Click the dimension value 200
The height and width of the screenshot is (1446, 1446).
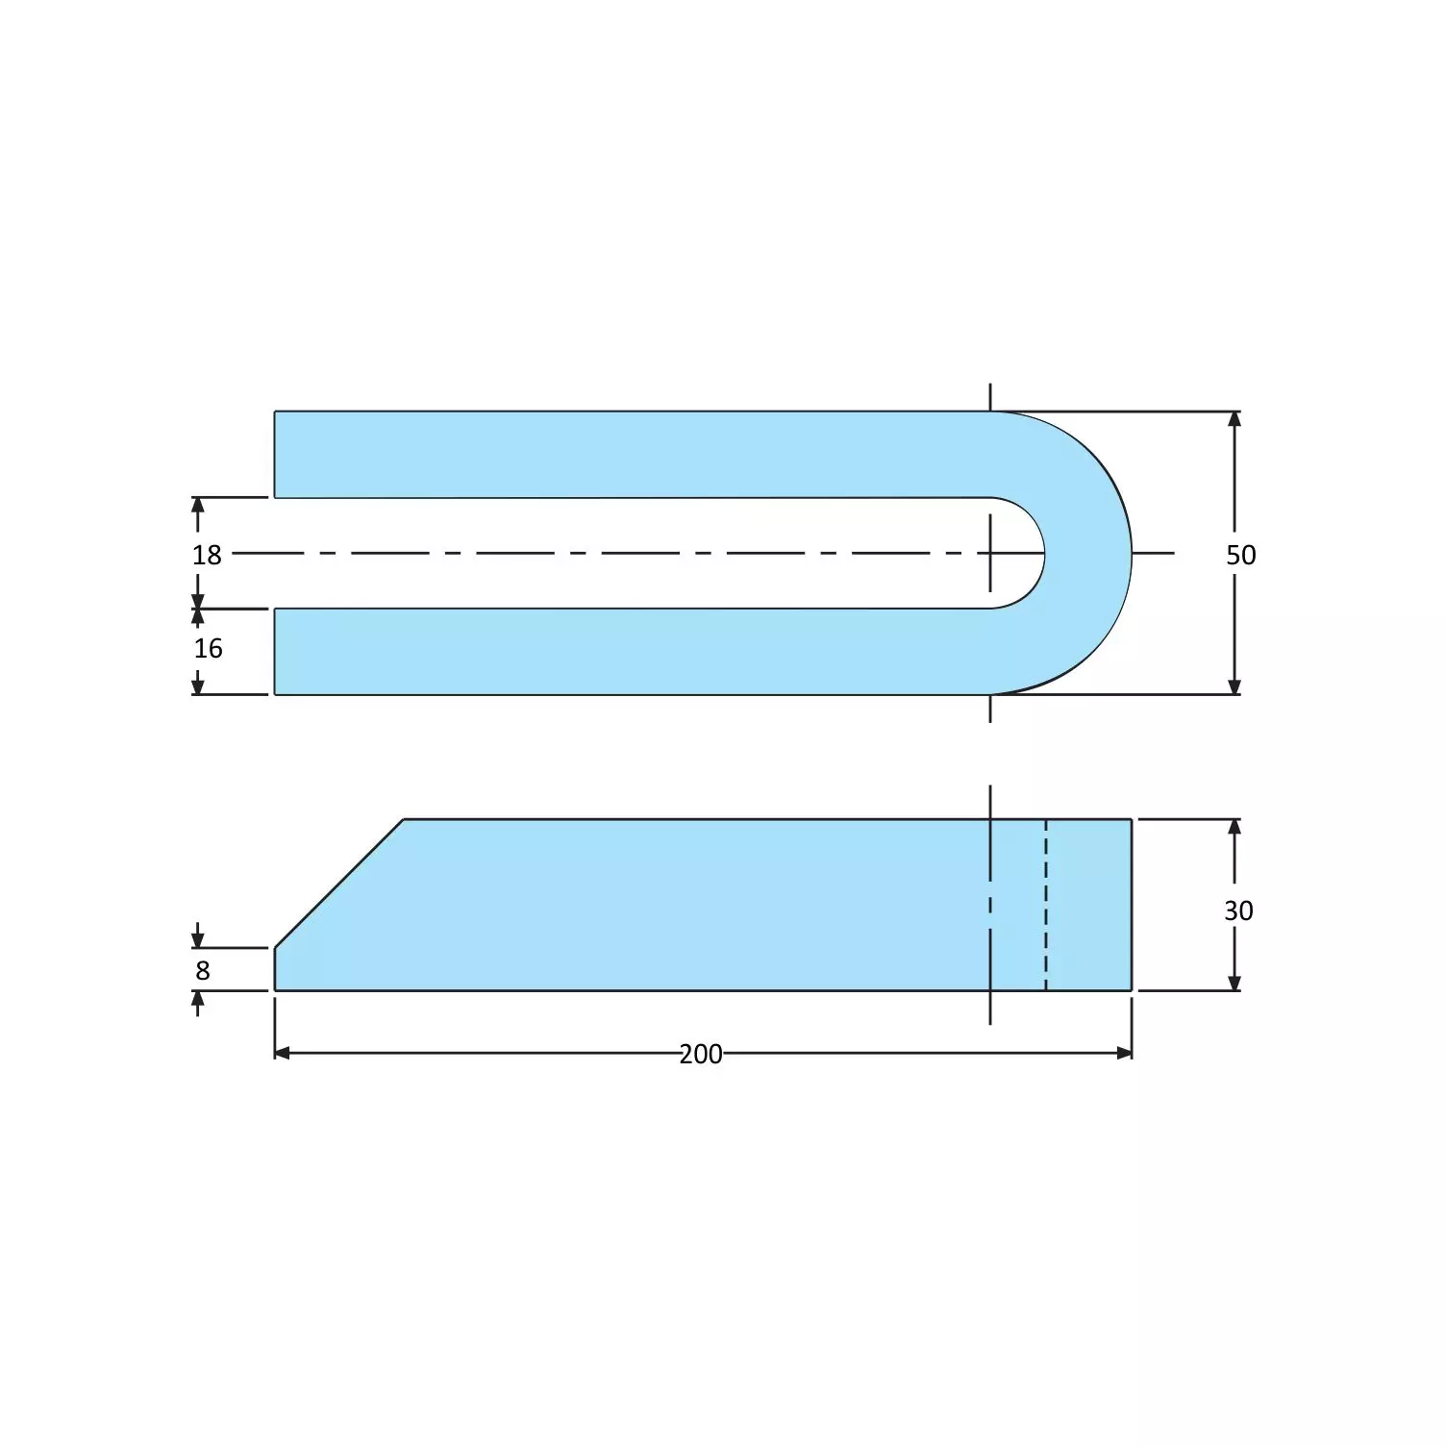(700, 1054)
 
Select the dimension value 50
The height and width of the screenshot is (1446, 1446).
(1240, 555)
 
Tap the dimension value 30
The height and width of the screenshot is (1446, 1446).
(1238, 910)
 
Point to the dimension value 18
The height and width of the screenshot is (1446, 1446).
(207, 555)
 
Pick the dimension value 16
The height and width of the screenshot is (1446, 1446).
(208, 649)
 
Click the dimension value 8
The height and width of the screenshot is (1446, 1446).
(203, 971)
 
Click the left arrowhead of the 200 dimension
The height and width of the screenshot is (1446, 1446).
(283, 1053)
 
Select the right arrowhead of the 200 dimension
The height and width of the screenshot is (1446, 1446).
(1124, 1053)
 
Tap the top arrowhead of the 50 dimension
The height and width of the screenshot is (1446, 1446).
(1234, 419)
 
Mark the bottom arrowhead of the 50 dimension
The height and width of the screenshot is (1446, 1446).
(1234, 686)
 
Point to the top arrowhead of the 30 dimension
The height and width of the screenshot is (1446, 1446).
(1234, 827)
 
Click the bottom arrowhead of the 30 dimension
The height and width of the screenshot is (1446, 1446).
(1234, 983)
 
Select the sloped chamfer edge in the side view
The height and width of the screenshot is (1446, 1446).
(338, 884)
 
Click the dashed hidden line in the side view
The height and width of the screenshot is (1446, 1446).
(1046, 904)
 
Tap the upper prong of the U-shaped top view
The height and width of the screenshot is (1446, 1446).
(625, 455)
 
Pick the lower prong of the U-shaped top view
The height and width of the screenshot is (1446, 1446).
(625, 651)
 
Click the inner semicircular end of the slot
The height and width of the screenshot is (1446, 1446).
(1043, 553)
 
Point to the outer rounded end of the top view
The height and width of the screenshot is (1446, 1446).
(1130, 553)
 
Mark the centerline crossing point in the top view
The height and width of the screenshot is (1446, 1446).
(990, 553)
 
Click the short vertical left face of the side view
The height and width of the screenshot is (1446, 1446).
(275, 969)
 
